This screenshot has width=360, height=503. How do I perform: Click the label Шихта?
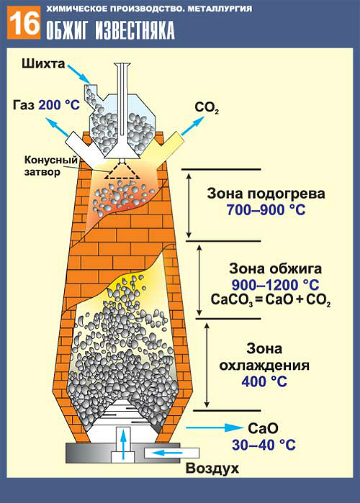42,64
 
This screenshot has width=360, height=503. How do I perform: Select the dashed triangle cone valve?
122,172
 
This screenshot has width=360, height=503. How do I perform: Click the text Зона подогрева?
266,194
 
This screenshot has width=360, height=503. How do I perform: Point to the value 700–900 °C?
266,210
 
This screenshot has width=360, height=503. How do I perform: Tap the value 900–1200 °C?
270,285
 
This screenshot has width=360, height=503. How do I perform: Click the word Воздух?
213,468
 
